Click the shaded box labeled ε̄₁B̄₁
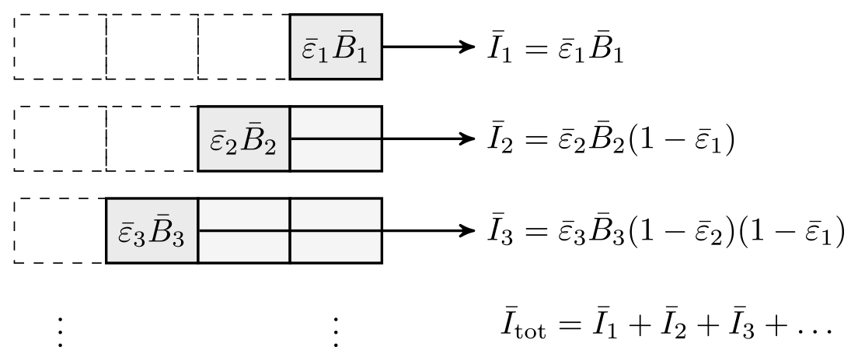click(336, 47)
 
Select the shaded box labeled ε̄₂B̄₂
click(244, 139)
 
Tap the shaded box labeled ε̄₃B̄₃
click(152, 231)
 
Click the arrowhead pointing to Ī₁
click(466, 47)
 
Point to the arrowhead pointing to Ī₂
click(466, 139)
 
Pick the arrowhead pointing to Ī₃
click(466, 231)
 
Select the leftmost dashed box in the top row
click(60, 47)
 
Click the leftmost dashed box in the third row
click(60, 231)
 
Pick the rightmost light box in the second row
click(336, 139)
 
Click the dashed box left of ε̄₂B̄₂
click(152, 139)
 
